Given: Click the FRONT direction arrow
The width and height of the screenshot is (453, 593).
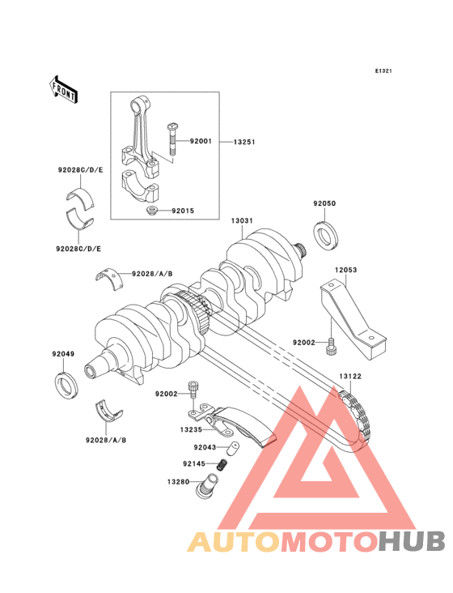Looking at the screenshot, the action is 64,89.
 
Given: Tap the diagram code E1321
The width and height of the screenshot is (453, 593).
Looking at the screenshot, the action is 383,70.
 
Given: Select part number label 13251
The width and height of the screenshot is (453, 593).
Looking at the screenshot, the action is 244,143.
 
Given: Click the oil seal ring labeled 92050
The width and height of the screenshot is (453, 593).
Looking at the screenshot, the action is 326,235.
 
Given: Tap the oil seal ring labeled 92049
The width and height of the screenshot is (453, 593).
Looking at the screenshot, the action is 66,386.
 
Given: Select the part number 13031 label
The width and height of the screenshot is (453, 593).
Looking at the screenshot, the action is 242,220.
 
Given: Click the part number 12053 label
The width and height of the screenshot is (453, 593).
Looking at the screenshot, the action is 345,270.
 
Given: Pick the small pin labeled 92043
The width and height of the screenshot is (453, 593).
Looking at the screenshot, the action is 233,448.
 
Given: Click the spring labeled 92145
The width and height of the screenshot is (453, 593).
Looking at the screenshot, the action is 222,464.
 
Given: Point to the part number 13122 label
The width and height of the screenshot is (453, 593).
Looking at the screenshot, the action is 350,377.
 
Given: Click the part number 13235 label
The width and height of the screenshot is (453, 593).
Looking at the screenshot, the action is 191,429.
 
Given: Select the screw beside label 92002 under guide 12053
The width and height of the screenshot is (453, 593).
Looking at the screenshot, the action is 330,347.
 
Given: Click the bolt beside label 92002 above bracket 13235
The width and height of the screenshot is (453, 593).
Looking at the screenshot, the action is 193,389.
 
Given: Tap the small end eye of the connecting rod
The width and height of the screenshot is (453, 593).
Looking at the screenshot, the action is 142,104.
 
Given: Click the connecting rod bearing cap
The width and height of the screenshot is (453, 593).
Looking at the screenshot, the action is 139,186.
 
